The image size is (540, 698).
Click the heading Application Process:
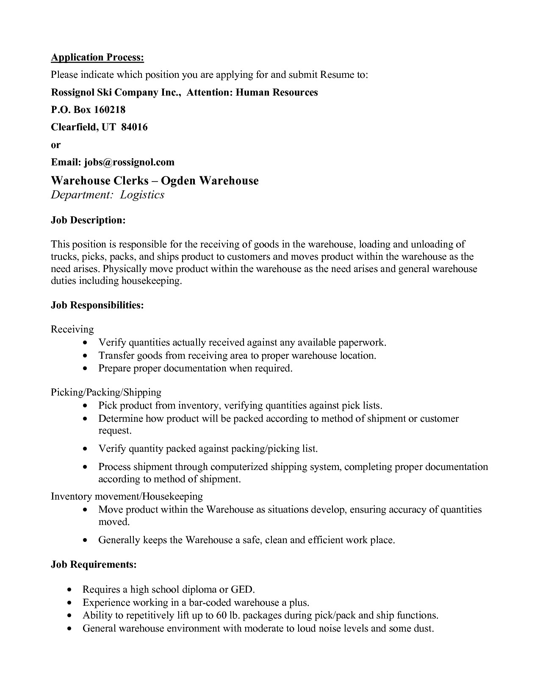(x=97, y=58)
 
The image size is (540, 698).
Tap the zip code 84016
(x=134, y=127)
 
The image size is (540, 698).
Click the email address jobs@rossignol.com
(x=129, y=162)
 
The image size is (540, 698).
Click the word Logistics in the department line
(x=142, y=195)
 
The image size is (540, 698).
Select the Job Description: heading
(x=88, y=220)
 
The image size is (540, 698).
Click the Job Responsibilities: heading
(x=97, y=305)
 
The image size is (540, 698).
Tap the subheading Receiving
(x=72, y=329)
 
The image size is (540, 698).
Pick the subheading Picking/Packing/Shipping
(x=106, y=392)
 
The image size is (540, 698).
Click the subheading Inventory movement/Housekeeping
(x=127, y=496)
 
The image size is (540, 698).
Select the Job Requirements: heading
(x=94, y=564)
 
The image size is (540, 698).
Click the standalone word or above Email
(x=56, y=145)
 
